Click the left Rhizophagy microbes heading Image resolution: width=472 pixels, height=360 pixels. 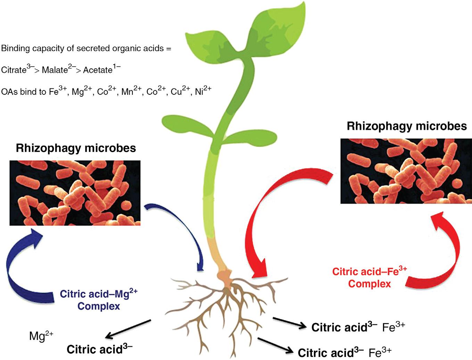(x=76, y=148)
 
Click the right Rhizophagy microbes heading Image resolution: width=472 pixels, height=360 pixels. (x=407, y=126)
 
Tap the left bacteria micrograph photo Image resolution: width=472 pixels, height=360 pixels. (x=75, y=193)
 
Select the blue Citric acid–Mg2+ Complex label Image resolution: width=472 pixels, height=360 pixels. (x=99, y=300)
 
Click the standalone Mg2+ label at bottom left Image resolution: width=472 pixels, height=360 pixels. (x=41, y=336)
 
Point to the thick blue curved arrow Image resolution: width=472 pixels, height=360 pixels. (x=17, y=264)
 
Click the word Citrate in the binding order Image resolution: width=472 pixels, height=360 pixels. (x=14, y=70)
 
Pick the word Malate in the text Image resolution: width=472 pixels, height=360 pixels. (x=55, y=70)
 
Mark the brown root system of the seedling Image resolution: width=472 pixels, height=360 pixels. (x=226, y=306)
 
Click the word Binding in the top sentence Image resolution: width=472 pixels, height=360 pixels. (x=15, y=48)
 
